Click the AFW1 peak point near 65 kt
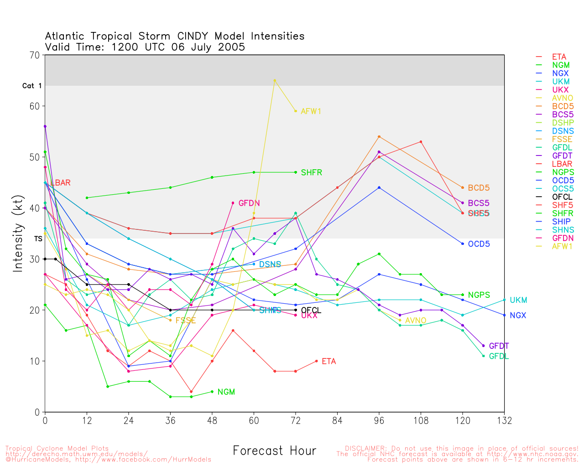point(275,80)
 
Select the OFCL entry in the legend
point(562,197)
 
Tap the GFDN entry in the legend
point(563,238)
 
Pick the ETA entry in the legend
point(559,57)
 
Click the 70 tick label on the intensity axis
point(35,55)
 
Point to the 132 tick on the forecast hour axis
point(504,420)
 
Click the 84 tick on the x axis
point(337,420)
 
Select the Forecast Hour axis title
point(274,451)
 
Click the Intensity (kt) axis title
point(18,233)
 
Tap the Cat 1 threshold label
point(32,86)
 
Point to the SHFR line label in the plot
point(312,172)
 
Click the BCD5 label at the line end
point(479,188)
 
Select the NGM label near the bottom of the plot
point(226,392)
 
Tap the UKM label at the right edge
point(518,300)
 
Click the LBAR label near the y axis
point(61,183)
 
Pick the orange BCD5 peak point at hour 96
point(379,136)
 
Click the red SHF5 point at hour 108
point(421,142)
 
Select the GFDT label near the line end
point(499,346)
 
